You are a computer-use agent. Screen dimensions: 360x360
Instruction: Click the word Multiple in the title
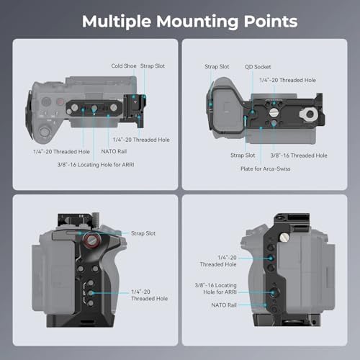[120, 22]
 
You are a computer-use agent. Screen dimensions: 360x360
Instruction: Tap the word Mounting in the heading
[202, 22]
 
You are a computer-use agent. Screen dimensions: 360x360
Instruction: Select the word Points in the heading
[272, 22]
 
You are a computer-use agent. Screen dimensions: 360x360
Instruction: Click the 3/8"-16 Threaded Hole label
[299, 155]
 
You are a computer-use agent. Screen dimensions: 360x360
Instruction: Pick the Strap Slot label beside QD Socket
[217, 66]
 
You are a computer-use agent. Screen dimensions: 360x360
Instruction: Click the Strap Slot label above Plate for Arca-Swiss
[243, 155]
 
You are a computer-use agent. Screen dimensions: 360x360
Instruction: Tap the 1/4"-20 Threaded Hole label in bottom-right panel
[217, 261]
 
